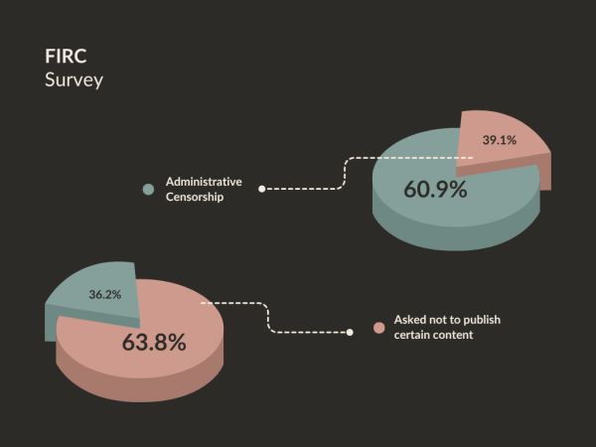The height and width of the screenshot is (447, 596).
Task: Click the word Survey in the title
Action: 74,79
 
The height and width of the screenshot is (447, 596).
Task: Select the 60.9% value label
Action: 435,189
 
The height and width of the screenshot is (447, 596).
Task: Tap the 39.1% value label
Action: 500,140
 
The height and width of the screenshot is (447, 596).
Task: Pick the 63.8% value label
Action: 154,343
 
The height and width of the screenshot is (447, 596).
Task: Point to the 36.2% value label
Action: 105,295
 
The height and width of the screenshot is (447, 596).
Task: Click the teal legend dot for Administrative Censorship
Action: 148,188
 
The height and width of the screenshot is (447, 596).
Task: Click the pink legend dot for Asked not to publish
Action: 378,328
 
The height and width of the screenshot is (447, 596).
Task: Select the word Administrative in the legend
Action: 204,181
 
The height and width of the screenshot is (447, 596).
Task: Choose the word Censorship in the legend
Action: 195,197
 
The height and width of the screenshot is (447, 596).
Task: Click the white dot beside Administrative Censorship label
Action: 261,188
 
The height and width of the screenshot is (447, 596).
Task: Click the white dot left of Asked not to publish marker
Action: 350,332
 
